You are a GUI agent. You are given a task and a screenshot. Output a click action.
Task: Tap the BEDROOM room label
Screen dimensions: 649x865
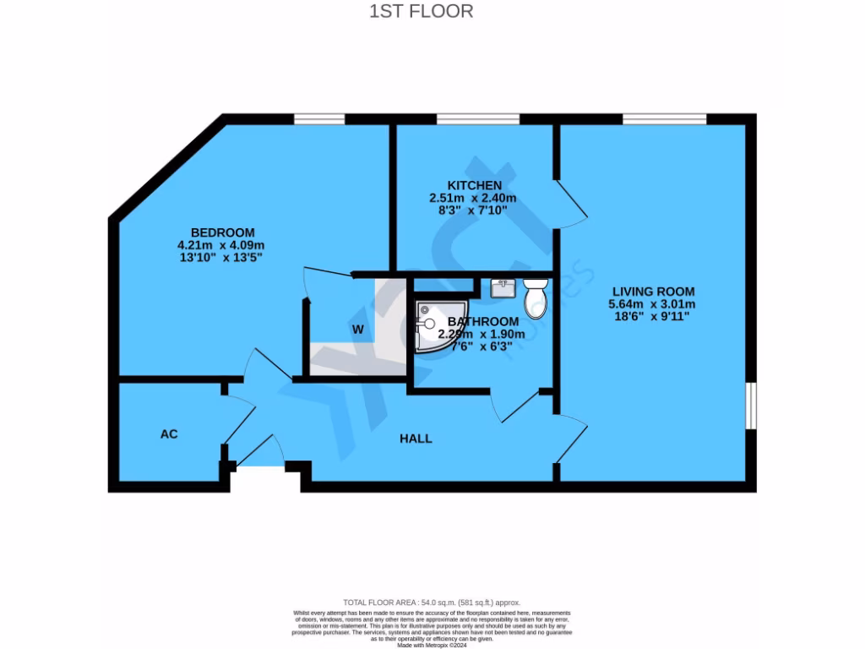(x=222, y=232)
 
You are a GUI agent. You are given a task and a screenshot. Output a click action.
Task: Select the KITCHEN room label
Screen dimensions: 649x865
(x=474, y=185)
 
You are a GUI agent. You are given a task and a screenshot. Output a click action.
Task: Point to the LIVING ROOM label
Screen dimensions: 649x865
(x=654, y=291)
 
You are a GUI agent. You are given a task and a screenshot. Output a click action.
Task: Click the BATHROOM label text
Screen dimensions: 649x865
(x=483, y=321)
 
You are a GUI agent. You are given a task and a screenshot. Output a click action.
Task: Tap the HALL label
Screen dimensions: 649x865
(x=416, y=439)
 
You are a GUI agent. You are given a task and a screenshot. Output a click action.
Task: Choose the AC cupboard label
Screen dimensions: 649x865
(x=169, y=434)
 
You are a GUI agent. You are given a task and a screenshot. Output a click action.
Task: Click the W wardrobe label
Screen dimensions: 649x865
(x=357, y=330)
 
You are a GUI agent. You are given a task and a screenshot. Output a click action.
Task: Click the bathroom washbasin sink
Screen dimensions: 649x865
(x=504, y=288)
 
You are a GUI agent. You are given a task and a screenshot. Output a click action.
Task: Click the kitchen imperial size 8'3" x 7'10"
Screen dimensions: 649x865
(x=473, y=210)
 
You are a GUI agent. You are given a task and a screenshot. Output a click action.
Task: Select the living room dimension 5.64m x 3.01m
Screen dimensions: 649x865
(x=654, y=304)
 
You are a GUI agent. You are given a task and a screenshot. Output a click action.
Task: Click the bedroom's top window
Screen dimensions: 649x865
(x=318, y=119)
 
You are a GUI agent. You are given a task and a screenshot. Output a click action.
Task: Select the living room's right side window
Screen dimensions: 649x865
(x=751, y=406)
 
